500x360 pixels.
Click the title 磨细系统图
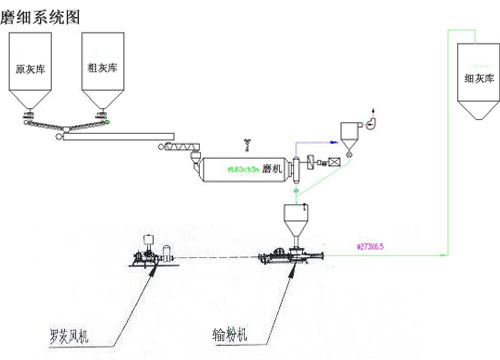tap(40, 15)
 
